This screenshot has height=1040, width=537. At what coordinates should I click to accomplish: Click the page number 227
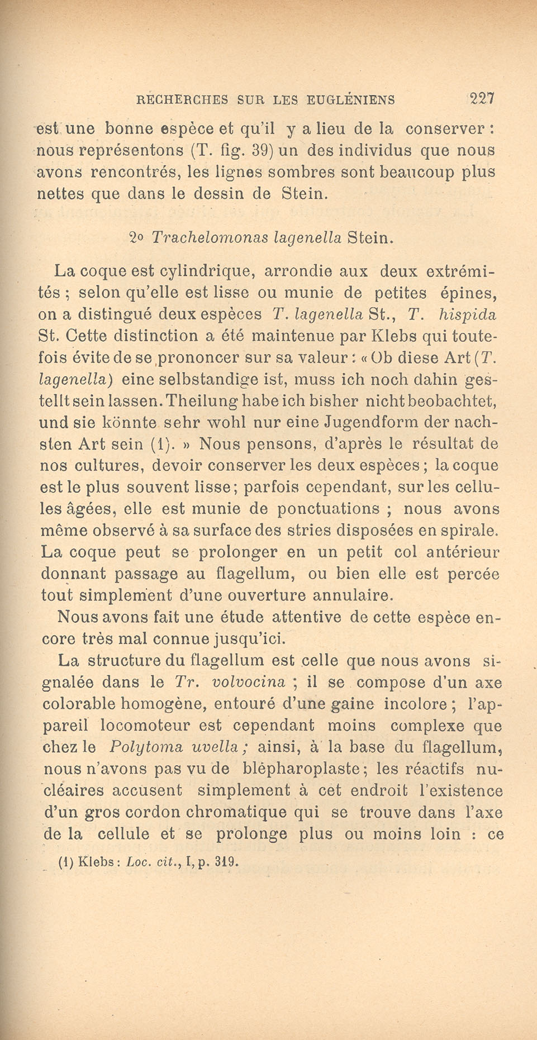pos(482,99)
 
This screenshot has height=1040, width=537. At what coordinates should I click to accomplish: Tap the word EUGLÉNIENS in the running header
pos(351,101)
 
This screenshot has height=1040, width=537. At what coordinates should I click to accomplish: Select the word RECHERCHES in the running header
pos(183,101)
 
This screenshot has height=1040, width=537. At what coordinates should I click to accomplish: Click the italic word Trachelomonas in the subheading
pos(211,238)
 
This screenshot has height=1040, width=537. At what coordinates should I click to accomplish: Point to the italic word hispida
pos(467,314)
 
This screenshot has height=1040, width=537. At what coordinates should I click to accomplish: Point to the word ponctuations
pos(329,509)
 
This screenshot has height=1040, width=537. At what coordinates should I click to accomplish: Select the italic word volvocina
pos(249,683)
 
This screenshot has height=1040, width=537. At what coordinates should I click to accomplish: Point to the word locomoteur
pos(160,726)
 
